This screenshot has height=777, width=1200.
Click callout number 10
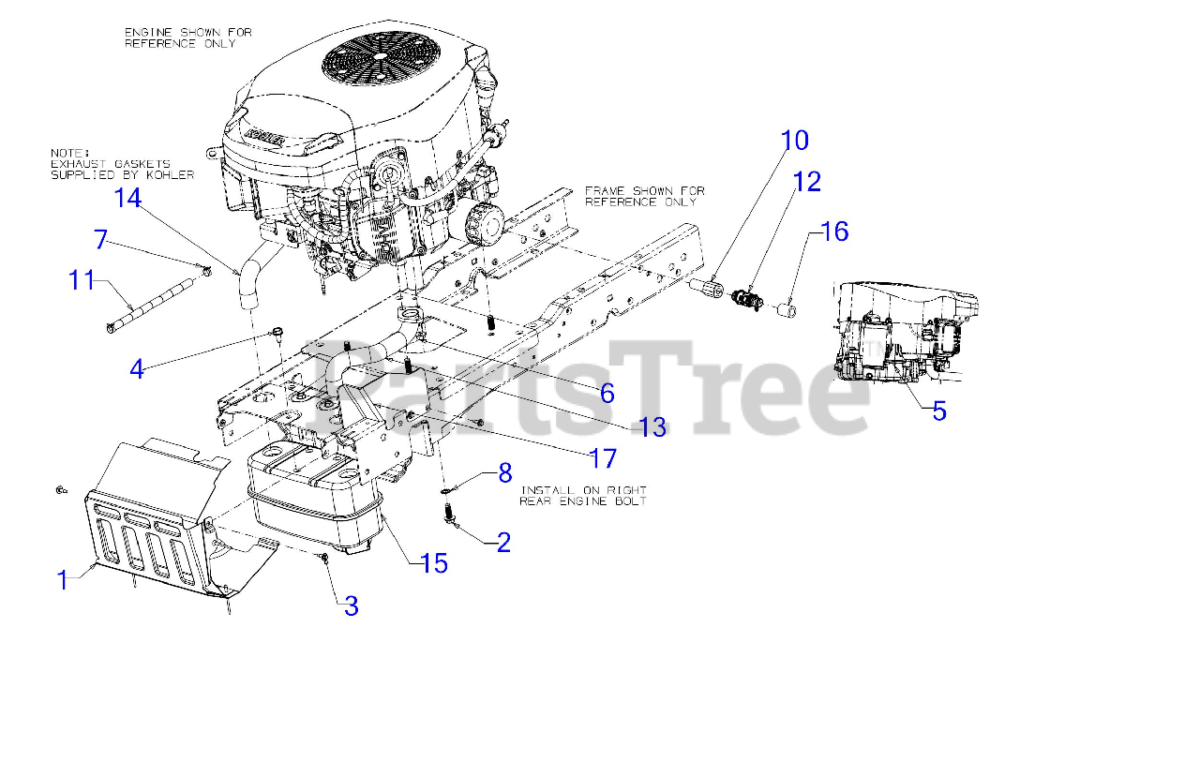(x=795, y=141)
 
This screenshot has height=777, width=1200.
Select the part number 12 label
(x=806, y=182)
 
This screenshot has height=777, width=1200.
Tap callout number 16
(x=834, y=232)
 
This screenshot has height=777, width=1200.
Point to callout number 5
(x=939, y=411)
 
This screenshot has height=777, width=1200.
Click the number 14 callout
(x=127, y=198)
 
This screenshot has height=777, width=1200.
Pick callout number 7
(x=101, y=239)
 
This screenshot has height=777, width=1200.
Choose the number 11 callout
(x=82, y=279)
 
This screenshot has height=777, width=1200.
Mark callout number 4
(x=137, y=369)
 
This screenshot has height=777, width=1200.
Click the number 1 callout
(x=64, y=580)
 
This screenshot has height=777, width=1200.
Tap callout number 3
(x=351, y=606)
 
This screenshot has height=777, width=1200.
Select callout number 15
(x=434, y=563)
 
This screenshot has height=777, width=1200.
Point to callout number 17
(x=603, y=458)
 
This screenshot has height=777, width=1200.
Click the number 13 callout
(x=652, y=427)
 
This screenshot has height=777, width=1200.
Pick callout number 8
(x=505, y=473)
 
